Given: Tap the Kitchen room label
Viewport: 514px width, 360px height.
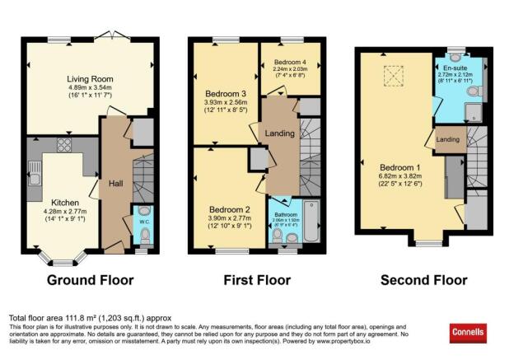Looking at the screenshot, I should pos(66,202).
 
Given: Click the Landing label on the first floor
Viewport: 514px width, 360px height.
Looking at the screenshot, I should pos(280,133).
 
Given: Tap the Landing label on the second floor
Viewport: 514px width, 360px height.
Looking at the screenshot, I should pos(447,139).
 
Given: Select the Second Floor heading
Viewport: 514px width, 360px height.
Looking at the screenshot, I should pos(423,280).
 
